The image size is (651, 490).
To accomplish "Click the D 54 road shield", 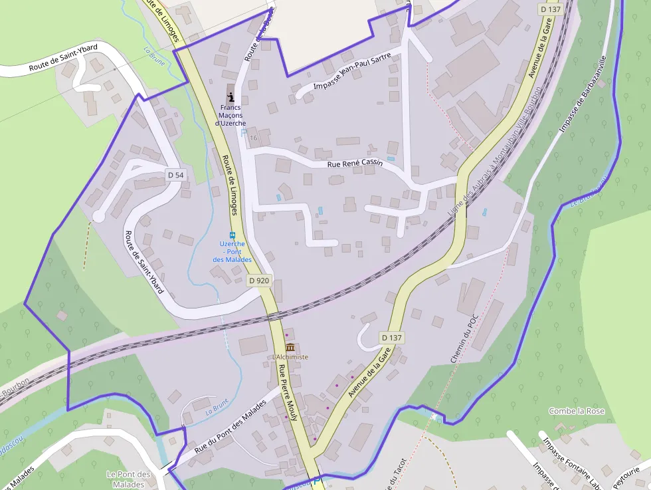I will [x=175, y=175].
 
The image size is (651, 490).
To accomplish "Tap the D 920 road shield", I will [x=259, y=281].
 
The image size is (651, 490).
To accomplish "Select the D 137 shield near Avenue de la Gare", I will [x=392, y=338].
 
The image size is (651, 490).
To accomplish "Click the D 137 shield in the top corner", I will [x=551, y=9].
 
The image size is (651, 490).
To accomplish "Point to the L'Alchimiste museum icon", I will [x=290, y=347].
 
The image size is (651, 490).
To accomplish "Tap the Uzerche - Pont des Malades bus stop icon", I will [x=232, y=235].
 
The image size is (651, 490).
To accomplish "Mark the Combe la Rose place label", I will [x=577, y=411].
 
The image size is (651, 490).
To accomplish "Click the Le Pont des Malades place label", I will [x=129, y=479].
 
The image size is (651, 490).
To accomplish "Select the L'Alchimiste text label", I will [x=290, y=357].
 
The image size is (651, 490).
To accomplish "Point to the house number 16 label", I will [x=253, y=137].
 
